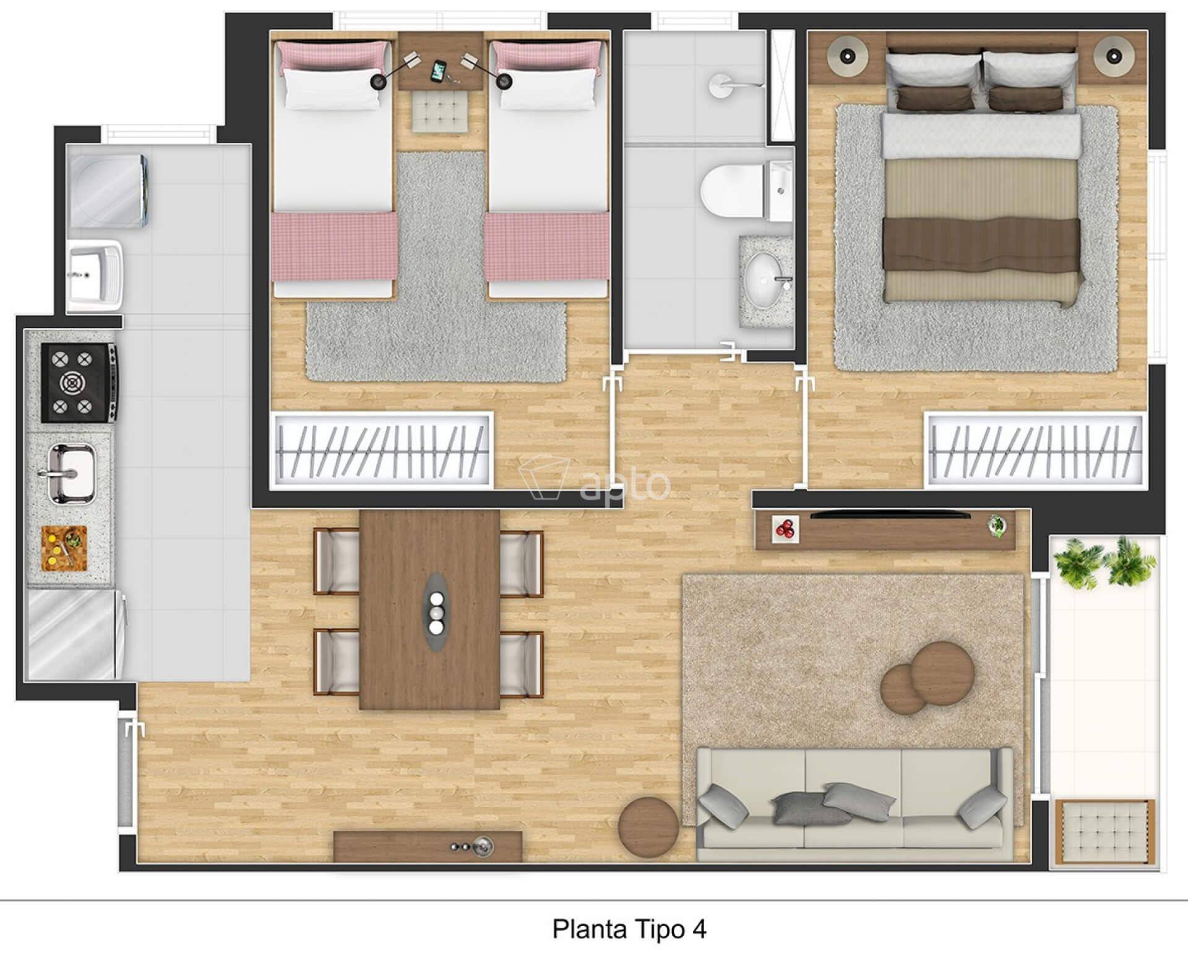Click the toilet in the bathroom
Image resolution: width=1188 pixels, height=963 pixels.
pyautogui.click(x=746, y=190)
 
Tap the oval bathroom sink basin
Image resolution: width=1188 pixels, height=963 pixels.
pyautogui.click(x=765, y=280)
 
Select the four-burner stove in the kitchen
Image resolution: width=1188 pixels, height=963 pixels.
pyautogui.click(x=79, y=382)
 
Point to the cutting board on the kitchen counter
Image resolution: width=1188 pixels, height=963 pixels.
pyautogui.click(x=64, y=547)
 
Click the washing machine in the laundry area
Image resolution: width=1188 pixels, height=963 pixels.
pyautogui.click(x=108, y=191)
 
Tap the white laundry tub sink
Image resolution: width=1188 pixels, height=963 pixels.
pyautogui.click(x=96, y=275)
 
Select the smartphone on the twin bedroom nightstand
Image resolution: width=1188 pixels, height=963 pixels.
pyautogui.click(x=439, y=71)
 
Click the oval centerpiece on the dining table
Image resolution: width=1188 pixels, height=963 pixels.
pyautogui.click(x=437, y=612)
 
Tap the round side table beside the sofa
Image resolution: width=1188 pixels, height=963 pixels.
pyautogui.click(x=648, y=826)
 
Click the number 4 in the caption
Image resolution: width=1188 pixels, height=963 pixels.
pyautogui.click(x=699, y=929)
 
